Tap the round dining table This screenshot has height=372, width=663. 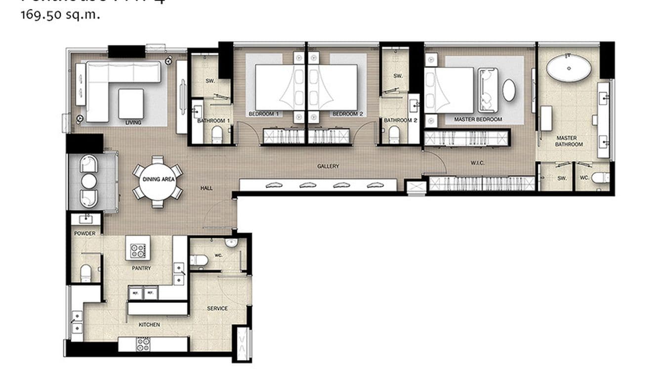[x=158, y=180]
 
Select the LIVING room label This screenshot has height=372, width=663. [x=133, y=122]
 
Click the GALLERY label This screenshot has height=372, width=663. [x=328, y=166]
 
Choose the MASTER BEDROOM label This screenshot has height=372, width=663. [x=478, y=119]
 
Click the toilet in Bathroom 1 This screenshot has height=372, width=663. [x=217, y=134]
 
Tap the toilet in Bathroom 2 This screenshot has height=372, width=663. [x=394, y=134]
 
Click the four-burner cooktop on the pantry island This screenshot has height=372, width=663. [x=137, y=251]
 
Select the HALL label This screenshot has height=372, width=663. [x=207, y=188]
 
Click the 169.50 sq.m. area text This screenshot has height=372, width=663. [x=60, y=14]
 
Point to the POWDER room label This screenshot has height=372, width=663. [x=85, y=233]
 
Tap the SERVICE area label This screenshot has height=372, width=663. [x=217, y=308]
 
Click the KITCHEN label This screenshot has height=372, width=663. [x=149, y=325]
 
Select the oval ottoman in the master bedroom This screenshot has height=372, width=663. [x=509, y=90]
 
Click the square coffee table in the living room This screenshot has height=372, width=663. [x=131, y=103]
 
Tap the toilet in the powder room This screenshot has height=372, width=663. [x=86, y=272]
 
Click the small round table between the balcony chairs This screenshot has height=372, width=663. [x=89, y=181]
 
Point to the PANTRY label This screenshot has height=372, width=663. [x=141, y=268]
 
